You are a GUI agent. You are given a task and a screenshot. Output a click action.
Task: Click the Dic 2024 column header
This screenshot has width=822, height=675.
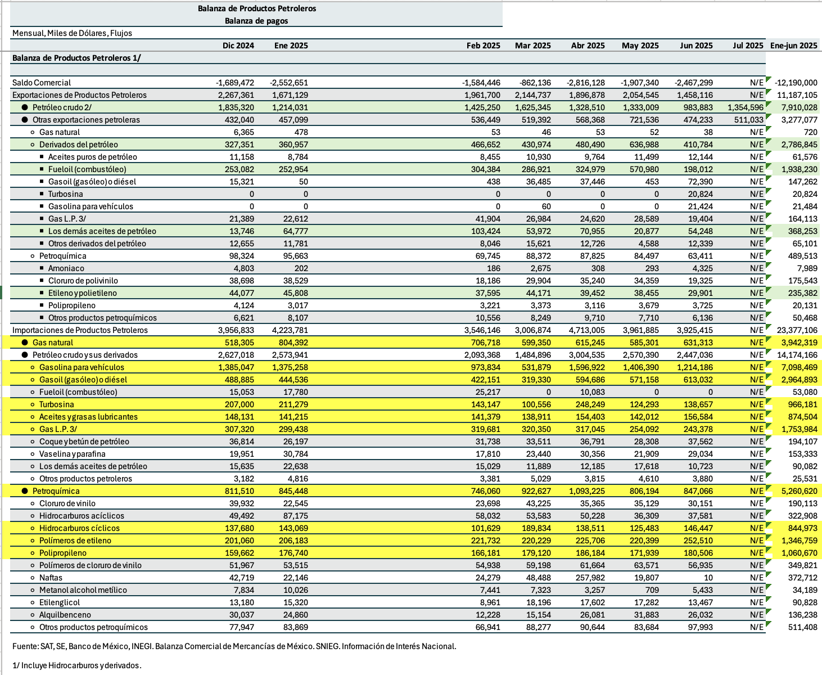[x=238, y=46]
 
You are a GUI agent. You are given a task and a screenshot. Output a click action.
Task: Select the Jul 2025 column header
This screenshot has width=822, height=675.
[x=748, y=46]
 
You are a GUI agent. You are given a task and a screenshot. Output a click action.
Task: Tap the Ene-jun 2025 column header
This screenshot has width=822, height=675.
[x=793, y=46]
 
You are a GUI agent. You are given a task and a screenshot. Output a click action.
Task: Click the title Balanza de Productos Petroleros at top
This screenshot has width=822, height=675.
[x=256, y=8]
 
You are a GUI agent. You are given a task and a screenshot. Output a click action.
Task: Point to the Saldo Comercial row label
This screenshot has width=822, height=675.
[x=42, y=83]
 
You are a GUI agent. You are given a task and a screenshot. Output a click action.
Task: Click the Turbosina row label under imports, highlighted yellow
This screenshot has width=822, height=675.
[x=56, y=404]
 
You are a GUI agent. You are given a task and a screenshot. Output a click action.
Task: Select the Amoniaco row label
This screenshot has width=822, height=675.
[x=66, y=268]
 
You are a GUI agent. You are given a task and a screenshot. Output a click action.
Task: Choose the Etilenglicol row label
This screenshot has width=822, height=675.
[x=60, y=602]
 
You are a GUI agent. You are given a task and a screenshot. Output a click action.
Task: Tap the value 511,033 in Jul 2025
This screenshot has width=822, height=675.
[x=749, y=120]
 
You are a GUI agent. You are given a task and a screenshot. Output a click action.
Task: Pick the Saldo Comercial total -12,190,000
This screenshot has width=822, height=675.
[x=796, y=83]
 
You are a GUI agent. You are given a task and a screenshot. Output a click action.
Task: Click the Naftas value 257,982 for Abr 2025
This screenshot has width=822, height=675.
[x=588, y=578]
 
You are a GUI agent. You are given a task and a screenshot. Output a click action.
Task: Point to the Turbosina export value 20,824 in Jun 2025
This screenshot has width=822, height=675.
[x=700, y=194]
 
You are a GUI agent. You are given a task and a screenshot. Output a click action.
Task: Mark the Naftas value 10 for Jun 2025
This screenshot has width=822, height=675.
[x=708, y=578]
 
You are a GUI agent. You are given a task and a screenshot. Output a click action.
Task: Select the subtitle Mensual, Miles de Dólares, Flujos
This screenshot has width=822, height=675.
[x=72, y=33]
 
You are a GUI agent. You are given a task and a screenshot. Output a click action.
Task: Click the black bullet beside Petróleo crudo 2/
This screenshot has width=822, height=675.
[x=25, y=107]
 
